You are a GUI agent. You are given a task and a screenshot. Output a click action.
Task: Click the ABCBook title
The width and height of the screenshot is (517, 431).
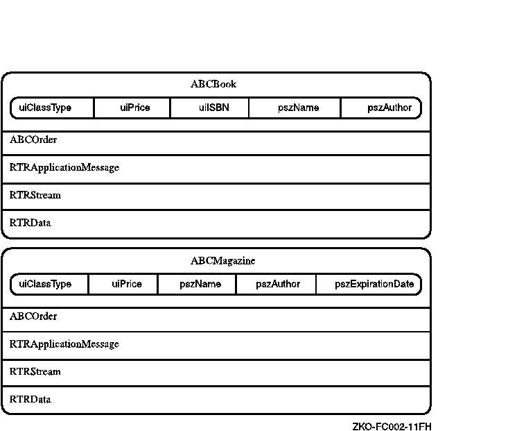[x=213, y=84]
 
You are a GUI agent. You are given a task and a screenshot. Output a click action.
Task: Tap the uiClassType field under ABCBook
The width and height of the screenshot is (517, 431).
[x=45, y=108]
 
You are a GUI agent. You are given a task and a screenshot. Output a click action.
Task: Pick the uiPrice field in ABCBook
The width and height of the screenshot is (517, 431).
[x=134, y=108]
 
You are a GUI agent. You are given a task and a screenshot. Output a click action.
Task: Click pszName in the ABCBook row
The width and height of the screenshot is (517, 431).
[x=298, y=108]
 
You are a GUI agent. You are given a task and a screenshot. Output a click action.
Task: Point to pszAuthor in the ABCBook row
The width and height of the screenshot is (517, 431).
[x=389, y=108]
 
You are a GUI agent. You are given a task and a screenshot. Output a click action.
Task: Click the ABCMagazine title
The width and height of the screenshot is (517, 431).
[x=222, y=261]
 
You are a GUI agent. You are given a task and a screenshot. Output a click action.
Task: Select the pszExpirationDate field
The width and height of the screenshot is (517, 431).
[x=374, y=284]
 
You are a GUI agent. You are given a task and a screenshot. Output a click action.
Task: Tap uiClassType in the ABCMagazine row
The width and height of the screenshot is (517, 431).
[x=45, y=284]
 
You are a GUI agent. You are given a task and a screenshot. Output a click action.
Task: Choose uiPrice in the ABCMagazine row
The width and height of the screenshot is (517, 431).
[x=127, y=284]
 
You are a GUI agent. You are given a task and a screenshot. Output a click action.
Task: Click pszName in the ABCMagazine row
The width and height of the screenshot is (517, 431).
[x=200, y=284]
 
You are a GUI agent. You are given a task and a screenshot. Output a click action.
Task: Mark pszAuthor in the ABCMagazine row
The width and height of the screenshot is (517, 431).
[x=278, y=284]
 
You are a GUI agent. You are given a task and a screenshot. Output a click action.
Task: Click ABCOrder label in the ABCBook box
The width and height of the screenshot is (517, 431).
[x=33, y=140]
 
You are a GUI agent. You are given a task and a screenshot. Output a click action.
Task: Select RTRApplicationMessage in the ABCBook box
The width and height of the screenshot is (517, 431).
[x=64, y=167]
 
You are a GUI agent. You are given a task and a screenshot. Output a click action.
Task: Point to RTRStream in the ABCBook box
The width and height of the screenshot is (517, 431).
[x=35, y=195]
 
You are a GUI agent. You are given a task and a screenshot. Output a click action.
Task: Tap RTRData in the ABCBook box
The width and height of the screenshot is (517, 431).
[x=30, y=223]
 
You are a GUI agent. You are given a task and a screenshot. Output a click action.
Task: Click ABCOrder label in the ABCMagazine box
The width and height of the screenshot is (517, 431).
[x=33, y=316]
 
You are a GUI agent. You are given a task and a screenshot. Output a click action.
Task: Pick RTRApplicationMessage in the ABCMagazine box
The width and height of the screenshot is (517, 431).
[x=64, y=344]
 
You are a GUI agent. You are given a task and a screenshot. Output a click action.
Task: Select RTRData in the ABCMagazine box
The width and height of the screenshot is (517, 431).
[x=30, y=399]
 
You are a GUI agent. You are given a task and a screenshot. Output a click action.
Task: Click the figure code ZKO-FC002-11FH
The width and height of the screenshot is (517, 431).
[x=392, y=426]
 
